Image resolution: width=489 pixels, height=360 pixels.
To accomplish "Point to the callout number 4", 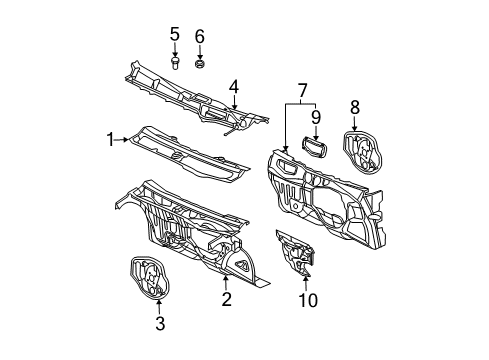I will click(232, 87).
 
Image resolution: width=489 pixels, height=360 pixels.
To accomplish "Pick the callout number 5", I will click(174, 36).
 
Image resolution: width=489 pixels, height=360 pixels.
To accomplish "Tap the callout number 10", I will click(307, 300).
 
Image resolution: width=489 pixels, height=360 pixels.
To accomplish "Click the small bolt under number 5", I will click(174, 63).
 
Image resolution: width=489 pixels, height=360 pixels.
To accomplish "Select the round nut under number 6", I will click(199, 64).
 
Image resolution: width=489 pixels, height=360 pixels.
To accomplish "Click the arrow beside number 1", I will click(124, 140).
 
